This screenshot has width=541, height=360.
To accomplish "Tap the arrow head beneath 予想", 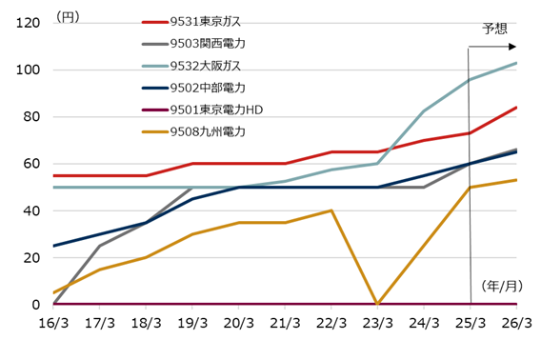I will coord(512,46).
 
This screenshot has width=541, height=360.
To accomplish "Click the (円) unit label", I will coord(69,16).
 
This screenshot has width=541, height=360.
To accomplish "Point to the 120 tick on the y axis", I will coord(26,24).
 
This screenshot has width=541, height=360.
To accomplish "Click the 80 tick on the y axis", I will coord(30,117).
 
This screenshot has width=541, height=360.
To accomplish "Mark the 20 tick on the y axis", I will coord(30,257).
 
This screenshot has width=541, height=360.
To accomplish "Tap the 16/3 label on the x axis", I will coord(53,324).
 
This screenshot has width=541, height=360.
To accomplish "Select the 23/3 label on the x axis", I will coord(378,324).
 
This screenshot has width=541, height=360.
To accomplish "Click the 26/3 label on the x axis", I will coord(516,324).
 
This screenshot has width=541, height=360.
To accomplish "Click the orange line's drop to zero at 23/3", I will coord(378,303).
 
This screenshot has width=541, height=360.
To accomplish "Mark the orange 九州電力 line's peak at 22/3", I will coord(331,210).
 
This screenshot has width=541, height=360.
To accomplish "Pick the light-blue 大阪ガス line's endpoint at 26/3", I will coord(516,64).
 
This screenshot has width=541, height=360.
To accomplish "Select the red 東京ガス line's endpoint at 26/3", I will coord(516,108).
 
